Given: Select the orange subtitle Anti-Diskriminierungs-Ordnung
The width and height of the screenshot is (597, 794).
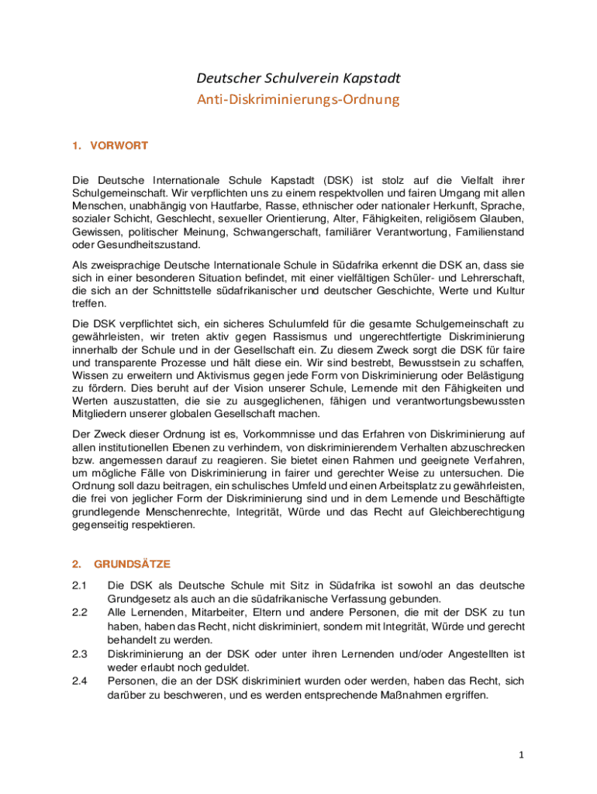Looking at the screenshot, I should pos(298,100).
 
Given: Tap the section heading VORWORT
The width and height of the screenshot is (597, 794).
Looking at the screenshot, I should pos(119,145).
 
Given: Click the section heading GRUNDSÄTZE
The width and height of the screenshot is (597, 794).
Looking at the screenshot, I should pos(133,564).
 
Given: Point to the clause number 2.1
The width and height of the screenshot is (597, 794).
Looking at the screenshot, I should pos(78,585).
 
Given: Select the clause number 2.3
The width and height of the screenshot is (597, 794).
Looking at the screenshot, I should pos(78,654).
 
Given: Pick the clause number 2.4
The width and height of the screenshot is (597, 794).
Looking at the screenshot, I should pos(78,682).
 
